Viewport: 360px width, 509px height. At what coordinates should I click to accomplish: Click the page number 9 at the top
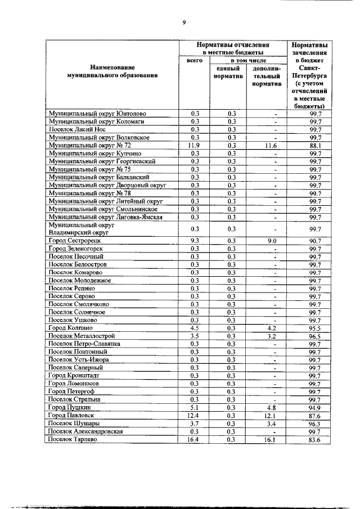pyautogui.click(x=183, y=22)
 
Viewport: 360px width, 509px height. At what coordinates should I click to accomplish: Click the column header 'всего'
pyautogui.click(x=194, y=60)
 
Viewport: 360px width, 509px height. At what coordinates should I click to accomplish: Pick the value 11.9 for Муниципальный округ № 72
pyautogui.click(x=195, y=145)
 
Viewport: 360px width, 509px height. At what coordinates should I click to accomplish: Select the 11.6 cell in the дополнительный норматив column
pyautogui.click(x=267, y=145)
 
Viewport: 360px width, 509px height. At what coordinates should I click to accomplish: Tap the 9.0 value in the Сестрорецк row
pyautogui.click(x=267, y=240)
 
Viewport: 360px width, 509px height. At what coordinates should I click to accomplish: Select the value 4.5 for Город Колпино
pyautogui.click(x=195, y=327)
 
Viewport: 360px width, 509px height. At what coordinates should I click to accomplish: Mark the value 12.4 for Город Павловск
pyautogui.click(x=195, y=415)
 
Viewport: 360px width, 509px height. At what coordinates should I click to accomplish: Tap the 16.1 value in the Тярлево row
pyautogui.click(x=267, y=439)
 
